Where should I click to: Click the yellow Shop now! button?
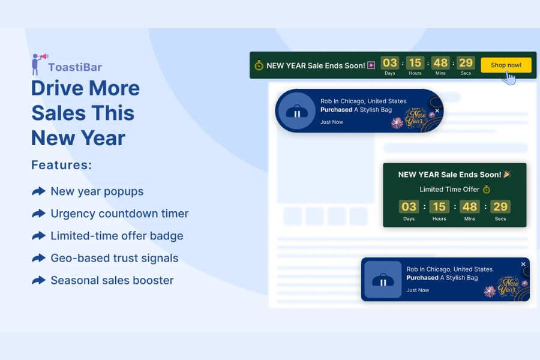click(506, 65)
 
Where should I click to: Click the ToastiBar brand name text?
click(75, 67)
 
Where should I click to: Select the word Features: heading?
click(62, 165)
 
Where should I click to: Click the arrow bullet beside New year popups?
click(38, 191)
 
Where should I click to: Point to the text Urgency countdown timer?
click(119, 214)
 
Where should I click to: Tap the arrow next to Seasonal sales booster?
click(38, 280)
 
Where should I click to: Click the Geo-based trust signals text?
click(115, 258)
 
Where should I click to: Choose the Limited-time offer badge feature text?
click(117, 236)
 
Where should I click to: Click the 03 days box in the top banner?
click(390, 62)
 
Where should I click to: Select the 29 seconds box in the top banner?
click(466, 62)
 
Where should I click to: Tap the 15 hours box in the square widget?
click(439, 206)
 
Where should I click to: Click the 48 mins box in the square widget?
click(469, 206)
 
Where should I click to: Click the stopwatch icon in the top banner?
click(259, 65)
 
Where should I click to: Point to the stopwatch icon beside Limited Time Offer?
click(486, 189)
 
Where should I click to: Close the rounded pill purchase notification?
click(437, 110)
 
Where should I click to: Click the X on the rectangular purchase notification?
click(523, 264)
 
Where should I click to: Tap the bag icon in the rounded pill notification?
click(297, 112)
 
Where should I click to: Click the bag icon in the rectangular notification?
click(383, 280)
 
